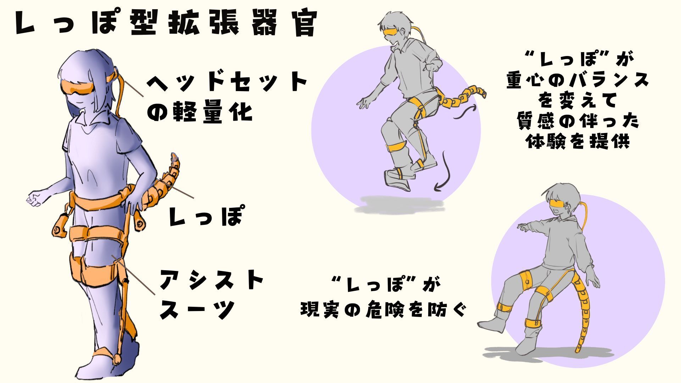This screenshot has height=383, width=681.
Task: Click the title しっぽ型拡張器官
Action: click(166, 24)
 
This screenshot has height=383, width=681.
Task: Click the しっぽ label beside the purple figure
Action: click(205, 216)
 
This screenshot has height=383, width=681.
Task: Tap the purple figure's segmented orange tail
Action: click(161, 186)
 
